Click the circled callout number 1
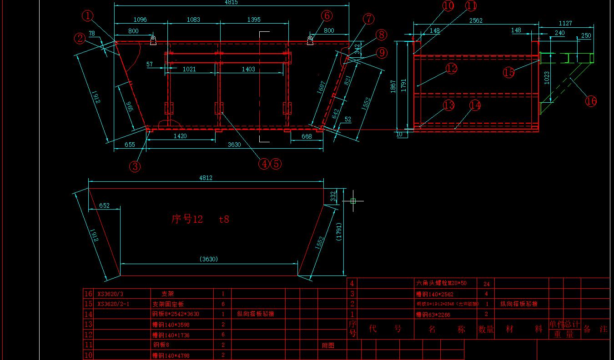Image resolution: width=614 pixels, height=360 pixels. point(88,16)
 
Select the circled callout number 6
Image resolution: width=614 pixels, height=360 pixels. point(327,15)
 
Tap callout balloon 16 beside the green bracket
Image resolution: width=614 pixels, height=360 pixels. point(591,101)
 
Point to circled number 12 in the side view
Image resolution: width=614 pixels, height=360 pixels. point(451,69)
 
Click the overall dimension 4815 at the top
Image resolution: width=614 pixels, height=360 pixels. point(231,2)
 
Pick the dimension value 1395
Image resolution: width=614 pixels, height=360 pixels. point(254,20)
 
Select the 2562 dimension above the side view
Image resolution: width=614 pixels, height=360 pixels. point(476,21)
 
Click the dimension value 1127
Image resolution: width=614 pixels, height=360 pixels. point(565,23)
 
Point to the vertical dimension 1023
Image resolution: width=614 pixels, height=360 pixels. point(547,78)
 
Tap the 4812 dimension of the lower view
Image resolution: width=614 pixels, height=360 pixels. point(206,178)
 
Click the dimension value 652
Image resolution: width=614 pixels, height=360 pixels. point(104,205)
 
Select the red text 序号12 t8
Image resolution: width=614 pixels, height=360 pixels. point(200,219)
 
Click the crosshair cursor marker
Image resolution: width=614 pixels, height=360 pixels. point(353,200)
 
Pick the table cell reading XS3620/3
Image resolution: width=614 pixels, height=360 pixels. point(110,294)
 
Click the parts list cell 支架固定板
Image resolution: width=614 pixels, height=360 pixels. point(168,304)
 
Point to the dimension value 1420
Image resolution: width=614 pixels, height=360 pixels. point(180,136)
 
